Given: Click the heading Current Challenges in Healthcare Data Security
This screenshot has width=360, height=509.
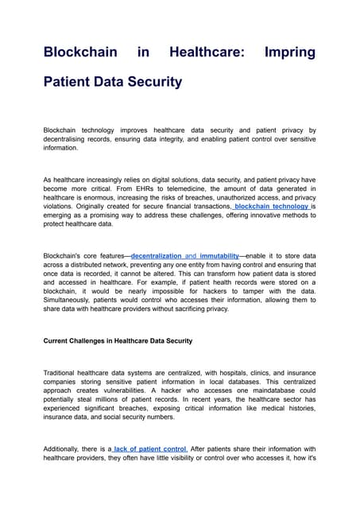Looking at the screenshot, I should tap(118, 340).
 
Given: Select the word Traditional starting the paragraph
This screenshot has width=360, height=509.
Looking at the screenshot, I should tap(62, 372).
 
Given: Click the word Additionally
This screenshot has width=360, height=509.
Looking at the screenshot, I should tap(65, 449).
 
